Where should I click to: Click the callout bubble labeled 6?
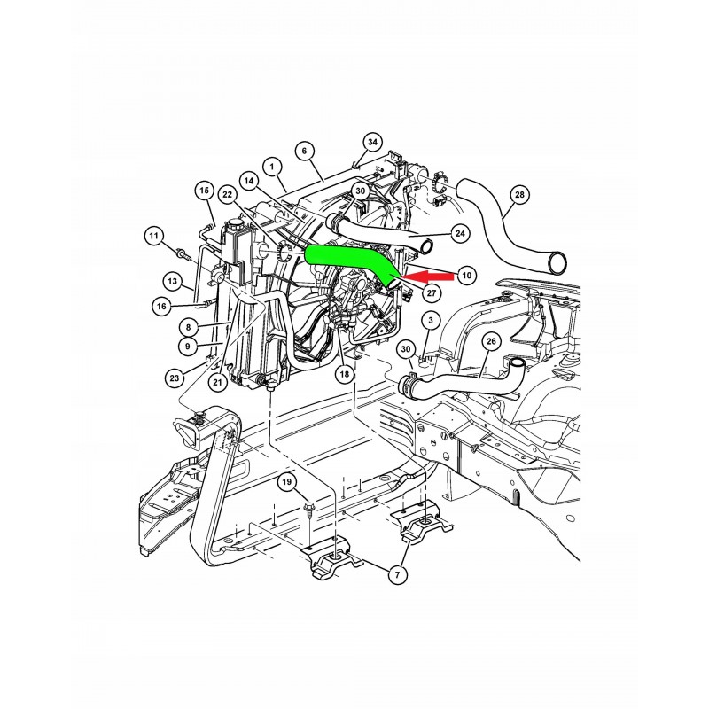[x=303, y=152]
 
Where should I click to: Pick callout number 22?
[x=228, y=194]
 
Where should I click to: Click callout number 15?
[x=204, y=191]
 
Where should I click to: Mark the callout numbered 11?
[x=155, y=236]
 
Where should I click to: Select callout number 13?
[x=172, y=280]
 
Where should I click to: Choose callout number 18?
[x=342, y=376]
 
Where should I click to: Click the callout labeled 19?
[x=287, y=482]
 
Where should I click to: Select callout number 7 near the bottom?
[x=396, y=575]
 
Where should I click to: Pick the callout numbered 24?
[x=460, y=234]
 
